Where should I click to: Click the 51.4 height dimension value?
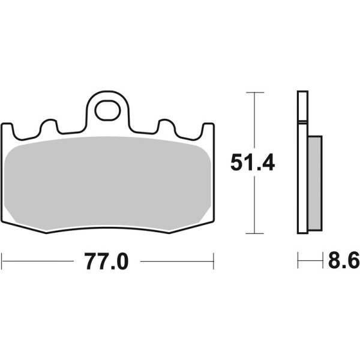click(254, 162)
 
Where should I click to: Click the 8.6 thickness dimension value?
click(343, 262)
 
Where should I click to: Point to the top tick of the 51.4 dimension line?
click(255, 93)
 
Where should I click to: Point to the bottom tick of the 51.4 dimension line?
click(255, 233)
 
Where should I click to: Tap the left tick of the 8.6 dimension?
click(298, 261)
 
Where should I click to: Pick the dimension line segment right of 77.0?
click(177, 261)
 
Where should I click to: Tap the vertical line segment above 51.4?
click(255, 120)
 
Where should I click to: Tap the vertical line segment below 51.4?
click(255, 204)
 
